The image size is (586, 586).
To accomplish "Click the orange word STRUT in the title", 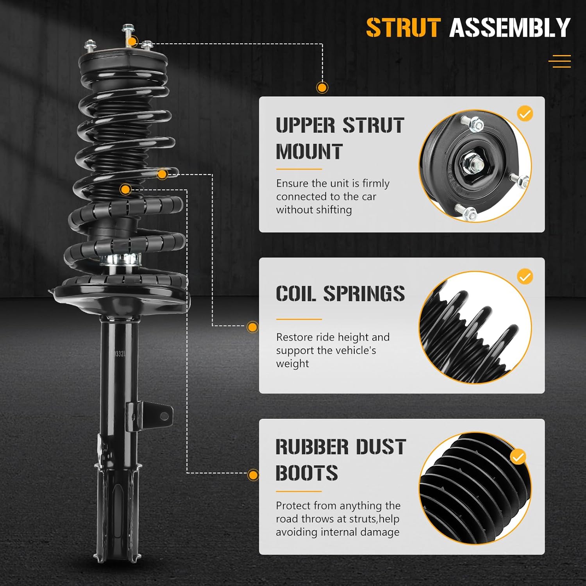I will coord(403,28).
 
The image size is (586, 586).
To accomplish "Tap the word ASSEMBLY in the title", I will coord(510,28).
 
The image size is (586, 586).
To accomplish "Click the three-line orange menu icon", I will coord(559,61).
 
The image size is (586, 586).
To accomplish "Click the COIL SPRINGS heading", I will coord(340,293).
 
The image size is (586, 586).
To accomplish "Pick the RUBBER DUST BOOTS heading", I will coord(340,459).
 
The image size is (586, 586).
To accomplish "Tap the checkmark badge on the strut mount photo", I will coord(525,114).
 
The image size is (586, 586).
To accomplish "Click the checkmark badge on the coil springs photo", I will coord(525,277).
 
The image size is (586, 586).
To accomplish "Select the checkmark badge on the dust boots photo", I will coord(518,457).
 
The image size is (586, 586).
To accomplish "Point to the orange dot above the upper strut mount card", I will coord(322,88).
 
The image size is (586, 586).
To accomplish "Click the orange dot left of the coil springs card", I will coord(253,327).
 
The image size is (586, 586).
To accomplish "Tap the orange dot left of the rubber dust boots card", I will coord(253,475).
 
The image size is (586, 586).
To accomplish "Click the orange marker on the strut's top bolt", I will coord(132,41).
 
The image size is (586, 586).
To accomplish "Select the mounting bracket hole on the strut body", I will coord(164,416).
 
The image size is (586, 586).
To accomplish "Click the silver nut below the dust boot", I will coord(120,259).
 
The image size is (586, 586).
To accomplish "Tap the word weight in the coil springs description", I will coord(292,364).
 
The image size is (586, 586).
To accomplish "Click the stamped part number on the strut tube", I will coord(118,354).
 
